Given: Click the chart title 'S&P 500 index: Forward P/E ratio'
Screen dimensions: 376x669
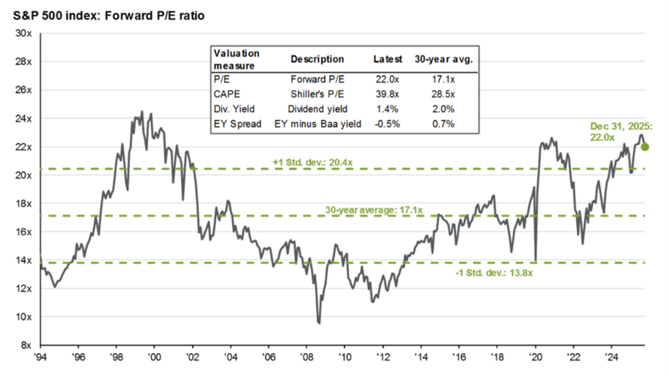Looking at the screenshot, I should (105, 14).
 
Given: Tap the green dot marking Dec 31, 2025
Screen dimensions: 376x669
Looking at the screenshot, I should (645, 147).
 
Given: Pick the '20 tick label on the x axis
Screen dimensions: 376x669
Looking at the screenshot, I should (535, 357).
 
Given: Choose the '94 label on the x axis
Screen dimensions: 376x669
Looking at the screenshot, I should (41, 357).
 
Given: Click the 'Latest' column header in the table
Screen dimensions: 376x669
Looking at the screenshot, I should (388, 59).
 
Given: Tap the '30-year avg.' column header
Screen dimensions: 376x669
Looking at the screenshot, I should (444, 59).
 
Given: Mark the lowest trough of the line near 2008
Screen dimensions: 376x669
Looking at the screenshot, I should (319, 322).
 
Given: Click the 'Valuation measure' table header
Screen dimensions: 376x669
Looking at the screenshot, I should (237, 59).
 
